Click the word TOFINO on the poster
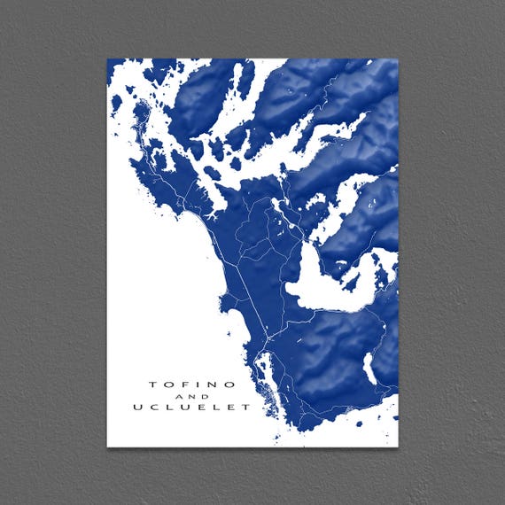pos(192,385)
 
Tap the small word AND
pos(192,396)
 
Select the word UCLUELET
pos(191,408)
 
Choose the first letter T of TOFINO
pos(151,385)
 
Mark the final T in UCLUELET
pos(246,408)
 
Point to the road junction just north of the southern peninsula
pos(267,351)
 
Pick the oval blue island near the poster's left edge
pos(116,104)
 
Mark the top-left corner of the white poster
pos(107,59)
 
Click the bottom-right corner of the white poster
pos(399,447)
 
